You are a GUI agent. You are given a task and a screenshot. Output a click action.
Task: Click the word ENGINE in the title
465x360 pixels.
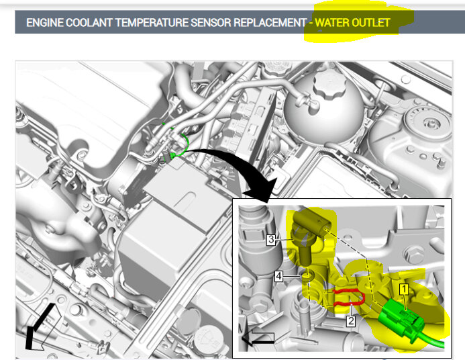click(45, 23)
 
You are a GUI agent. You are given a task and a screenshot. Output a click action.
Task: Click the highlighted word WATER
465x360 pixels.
click(332, 23)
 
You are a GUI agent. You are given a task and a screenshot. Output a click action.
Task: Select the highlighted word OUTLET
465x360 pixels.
click(370, 23)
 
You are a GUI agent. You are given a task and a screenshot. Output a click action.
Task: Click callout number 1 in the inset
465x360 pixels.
click(404, 289)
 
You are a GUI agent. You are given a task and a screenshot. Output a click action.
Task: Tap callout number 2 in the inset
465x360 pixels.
click(351, 321)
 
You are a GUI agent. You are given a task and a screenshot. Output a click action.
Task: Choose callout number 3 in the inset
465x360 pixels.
click(271, 239)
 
